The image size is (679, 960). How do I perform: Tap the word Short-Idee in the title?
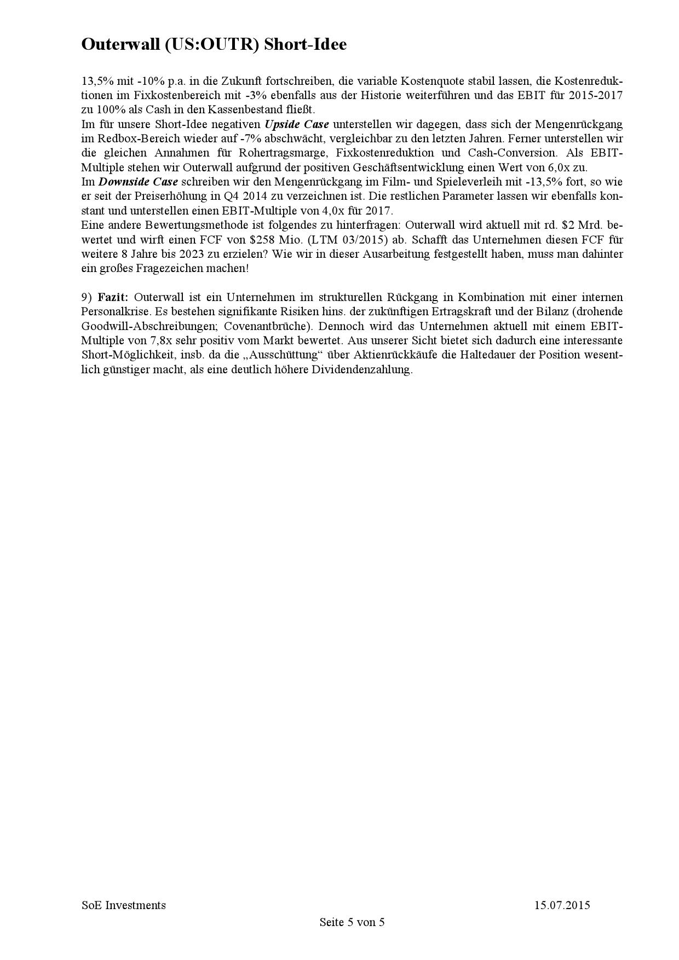coord(305,45)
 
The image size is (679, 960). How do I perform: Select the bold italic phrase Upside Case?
coord(297,124)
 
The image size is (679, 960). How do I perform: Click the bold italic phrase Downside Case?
coord(138,182)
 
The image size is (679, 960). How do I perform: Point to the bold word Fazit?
coord(113,297)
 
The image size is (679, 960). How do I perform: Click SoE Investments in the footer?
coord(124,905)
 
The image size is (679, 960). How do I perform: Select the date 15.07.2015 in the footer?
coord(562,905)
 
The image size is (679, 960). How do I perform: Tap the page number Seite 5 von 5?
coord(352,922)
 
